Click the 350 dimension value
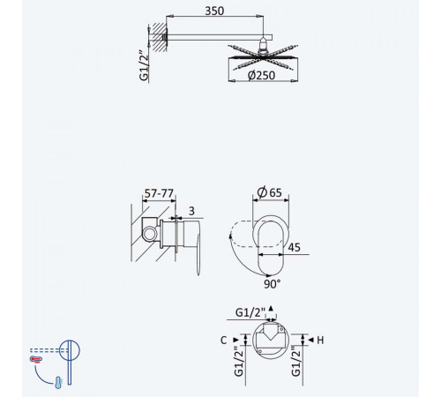(214, 11)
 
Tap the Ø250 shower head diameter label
(261, 75)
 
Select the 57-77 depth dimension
(159, 193)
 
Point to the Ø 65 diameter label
(269, 192)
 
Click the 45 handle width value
(294, 247)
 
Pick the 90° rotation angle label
(272, 284)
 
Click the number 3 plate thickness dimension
(191, 211)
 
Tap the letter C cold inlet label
(223, 341)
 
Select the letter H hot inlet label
(320, 341)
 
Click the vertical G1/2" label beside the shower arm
(144, 66)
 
